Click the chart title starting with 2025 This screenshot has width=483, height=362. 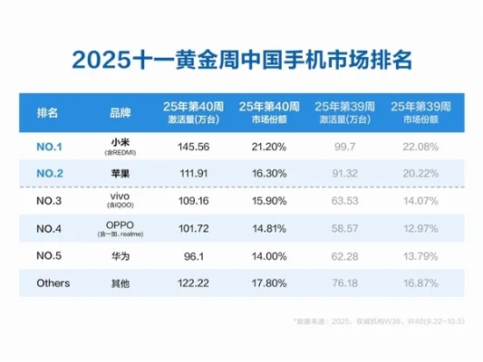(241, 61)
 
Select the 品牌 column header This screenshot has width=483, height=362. (120, 113)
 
